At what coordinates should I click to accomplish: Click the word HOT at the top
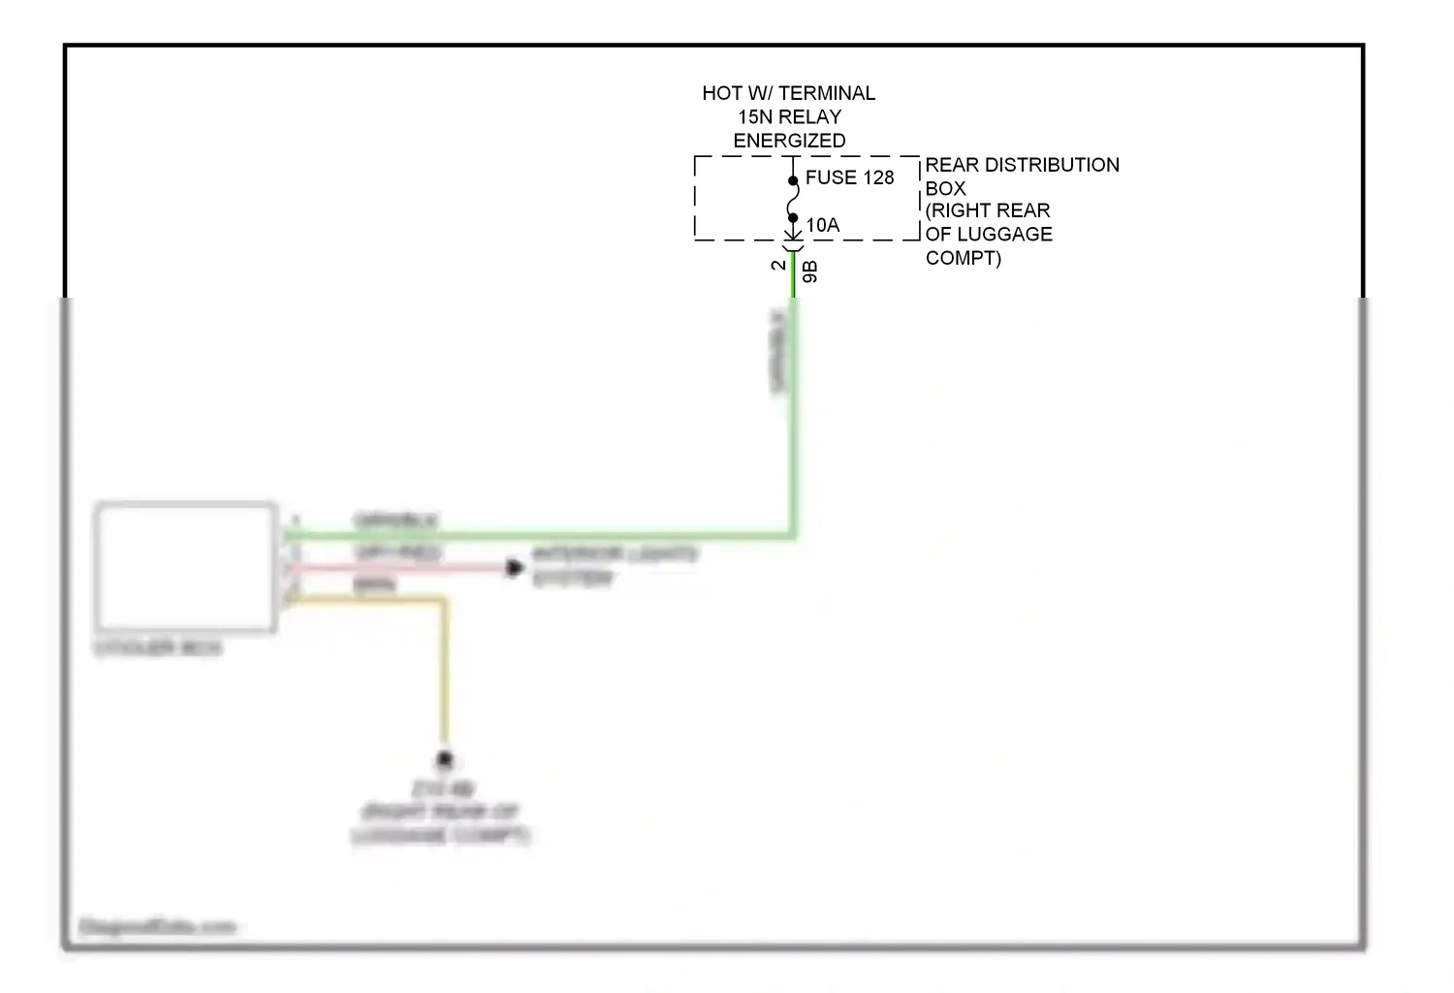[x=722, y=93]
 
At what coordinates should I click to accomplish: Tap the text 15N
[x=755, y=116]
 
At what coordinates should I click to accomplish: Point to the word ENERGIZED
[x=789, y=141]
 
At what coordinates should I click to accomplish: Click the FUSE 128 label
[x=849, y=177]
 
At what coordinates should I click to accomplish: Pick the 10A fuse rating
[x=823, y=225]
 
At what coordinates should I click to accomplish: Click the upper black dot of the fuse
[x=793, y=180]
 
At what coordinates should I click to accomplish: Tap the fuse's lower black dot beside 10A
[x=793, y=218]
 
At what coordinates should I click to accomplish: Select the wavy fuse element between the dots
[x=793, y=200]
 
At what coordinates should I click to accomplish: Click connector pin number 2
[x=778, y=265]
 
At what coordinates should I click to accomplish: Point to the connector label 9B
[x=810, y=272]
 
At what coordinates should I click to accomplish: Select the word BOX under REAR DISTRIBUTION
[x=945, y=188]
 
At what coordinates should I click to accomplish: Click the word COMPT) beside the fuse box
[x=963, y=258]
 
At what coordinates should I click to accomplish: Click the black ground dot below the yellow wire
[x=445, y=759]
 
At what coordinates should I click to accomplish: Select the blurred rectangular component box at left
[x=185, y=567]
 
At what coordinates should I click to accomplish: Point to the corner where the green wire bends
[x=793, y=533]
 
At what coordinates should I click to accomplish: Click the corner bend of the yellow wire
[x=445, y=602]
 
